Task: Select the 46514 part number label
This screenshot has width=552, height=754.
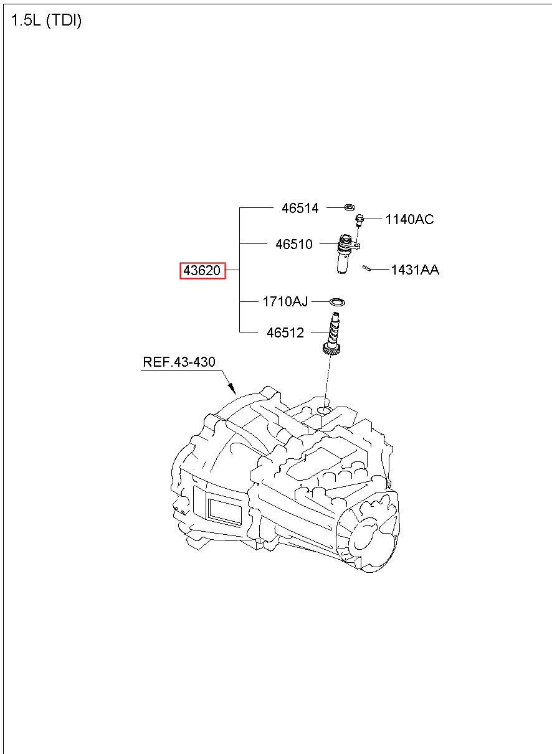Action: click(x=300, y=209)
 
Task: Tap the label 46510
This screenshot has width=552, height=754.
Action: click(x=294, y=245)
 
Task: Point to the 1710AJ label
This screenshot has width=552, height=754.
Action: click(x=285, y=302)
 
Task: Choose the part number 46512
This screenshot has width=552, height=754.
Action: click(x=285, y=333)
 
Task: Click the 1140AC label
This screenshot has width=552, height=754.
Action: click(x=409, y=219)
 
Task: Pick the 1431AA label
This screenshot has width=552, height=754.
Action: click(x=415, y=270)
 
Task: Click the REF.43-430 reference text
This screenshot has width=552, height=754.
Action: click(x=179, y=362)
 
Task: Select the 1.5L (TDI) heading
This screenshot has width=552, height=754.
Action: click(x=47, y=21)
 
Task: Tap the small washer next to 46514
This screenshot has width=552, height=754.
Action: click(x=350, y=206)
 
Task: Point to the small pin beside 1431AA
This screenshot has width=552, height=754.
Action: click(x=367, y=268)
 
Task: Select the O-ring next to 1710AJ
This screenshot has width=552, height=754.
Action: click(x=337, y=302)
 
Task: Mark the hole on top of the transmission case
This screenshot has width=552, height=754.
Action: click(x=323, y=409)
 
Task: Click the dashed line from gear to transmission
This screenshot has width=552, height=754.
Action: click(x=326, y=380)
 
